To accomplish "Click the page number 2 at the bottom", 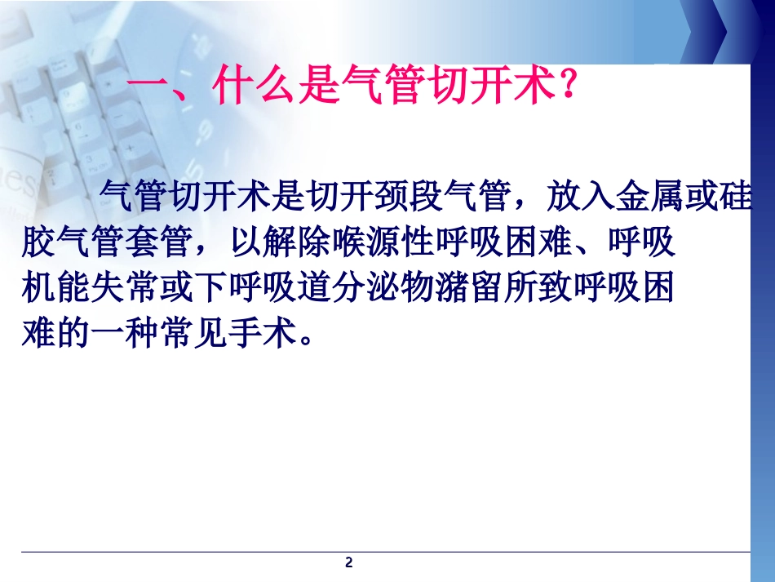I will (x=349, y=562).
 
